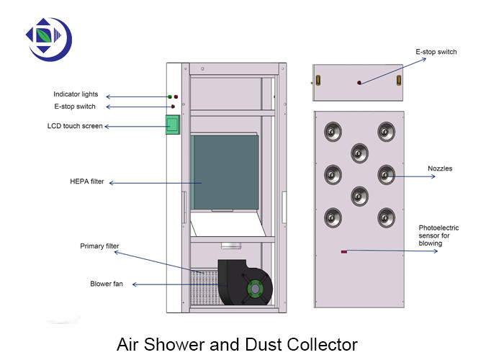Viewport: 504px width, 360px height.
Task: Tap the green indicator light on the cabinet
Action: (170, 96)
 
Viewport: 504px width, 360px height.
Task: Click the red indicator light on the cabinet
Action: (176, 96)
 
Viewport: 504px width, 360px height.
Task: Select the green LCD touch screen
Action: (173, 126)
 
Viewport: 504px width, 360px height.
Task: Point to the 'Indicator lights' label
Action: (75, 95)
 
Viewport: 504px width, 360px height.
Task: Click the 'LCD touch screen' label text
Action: (74, 126)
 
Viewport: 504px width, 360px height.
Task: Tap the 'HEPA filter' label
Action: (87, 182)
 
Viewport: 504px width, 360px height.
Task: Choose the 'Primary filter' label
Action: (99, 246)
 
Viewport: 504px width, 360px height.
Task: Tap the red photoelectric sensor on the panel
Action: (344, 252)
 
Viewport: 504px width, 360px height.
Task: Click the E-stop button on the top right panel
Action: (359, 83)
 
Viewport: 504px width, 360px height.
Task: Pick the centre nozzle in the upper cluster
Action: (360, 153)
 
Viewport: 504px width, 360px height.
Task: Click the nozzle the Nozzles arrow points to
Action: (387, 174)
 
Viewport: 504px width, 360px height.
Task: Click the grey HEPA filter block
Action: (225, 171)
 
